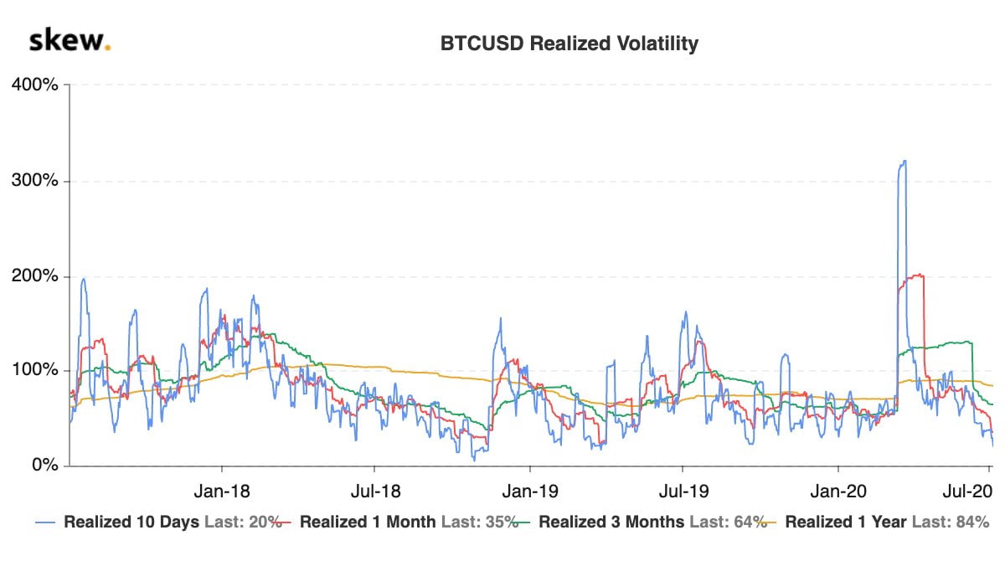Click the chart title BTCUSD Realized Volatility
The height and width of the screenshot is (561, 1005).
569,44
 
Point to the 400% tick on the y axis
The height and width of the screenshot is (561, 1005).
34,85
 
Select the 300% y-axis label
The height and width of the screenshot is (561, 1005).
34,181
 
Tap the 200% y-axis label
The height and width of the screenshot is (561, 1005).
34,276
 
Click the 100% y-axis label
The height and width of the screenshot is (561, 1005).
34,371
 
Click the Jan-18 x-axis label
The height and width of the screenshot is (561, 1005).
222,489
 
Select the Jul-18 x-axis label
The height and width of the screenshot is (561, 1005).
374,489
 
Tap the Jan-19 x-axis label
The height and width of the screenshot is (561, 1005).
529,489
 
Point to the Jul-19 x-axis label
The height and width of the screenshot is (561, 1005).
683,489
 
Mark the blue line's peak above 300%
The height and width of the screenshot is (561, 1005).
903,162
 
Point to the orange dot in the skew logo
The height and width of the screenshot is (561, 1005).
107,47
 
